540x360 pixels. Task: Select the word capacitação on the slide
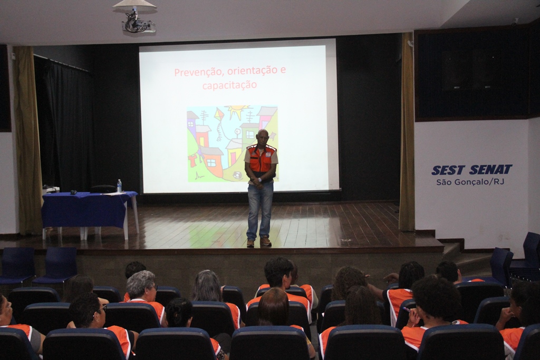(229, 85)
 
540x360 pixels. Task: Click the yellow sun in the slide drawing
(237, 112)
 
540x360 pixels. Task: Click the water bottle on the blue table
(119, 186)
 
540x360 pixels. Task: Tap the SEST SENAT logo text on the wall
(471, 170)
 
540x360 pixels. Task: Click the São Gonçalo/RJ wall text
(470, 182)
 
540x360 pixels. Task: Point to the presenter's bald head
(263, 134)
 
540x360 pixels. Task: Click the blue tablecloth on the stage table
(86, 209)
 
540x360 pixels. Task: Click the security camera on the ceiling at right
(515, 22)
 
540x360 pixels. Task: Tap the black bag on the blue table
(103, 189)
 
